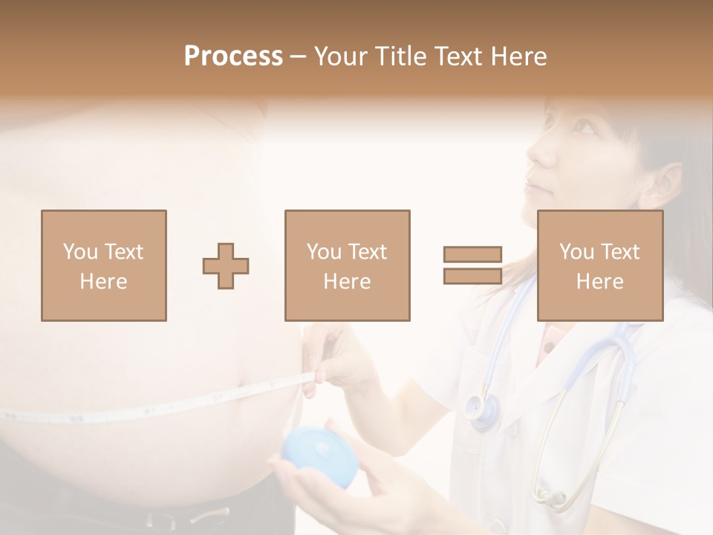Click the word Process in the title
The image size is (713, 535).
(x=233, y=56)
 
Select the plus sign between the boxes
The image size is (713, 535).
(x=226, y=266)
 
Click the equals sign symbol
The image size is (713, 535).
(x=472, y=265)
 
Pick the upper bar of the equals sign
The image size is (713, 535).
(x=472, y=255)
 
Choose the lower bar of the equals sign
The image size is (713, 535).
(x=472, y=276)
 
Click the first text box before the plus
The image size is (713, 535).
(x=103, y=265)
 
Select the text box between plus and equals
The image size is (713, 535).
(x=347, y=265)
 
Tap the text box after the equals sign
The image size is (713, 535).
(x=599, y=265)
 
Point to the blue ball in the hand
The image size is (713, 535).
(x=321, y=455)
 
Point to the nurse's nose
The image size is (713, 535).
(x=540, y=152)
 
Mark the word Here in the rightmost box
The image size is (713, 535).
(x=599, y=281)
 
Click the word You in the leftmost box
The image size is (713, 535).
(x=80, y=251)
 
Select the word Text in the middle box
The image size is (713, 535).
(x=367, y=251)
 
